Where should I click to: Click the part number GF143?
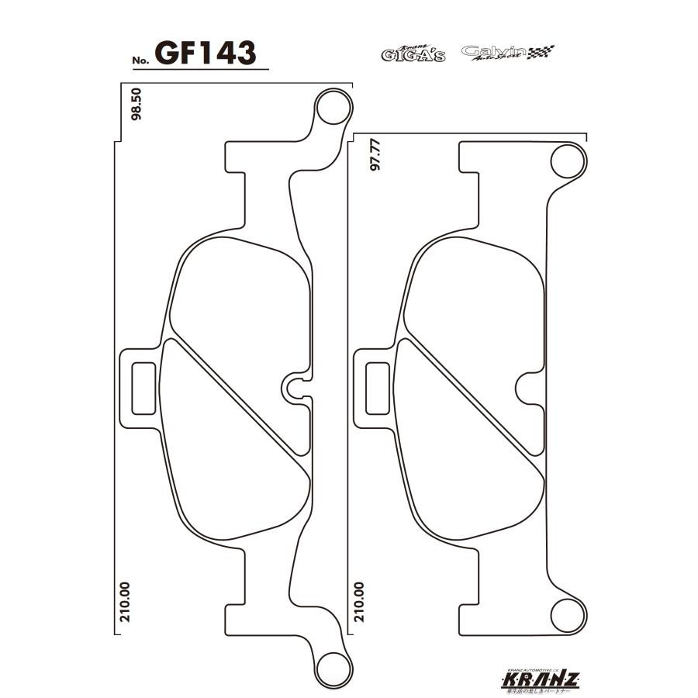coord(206,54)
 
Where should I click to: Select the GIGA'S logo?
coord(413,54)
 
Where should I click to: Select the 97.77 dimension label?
coord(375,154)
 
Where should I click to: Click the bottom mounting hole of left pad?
coord(331,665)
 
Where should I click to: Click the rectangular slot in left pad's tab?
coord(143,388)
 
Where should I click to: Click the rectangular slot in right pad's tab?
coord(378,388)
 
